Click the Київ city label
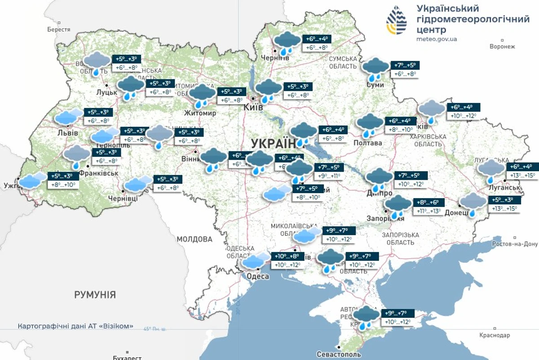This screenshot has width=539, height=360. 253,108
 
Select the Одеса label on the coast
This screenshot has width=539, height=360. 258,276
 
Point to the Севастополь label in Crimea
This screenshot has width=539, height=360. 339,354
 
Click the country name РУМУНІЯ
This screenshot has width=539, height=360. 95,295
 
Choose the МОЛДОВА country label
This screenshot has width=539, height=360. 194,239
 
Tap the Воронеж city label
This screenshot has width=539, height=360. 502,46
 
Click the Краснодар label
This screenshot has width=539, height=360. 494,335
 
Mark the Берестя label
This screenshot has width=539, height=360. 58,29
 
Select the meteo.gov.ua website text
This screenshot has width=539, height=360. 436,39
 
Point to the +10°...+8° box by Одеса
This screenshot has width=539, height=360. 287,256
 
